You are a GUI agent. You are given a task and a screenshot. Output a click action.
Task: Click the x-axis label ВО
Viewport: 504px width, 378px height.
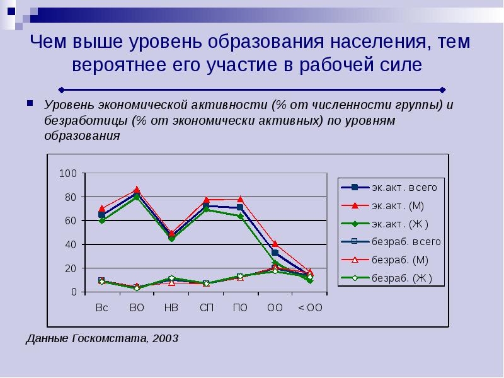(137, 308)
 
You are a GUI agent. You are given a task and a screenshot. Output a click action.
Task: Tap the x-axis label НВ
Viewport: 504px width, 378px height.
(171, 308)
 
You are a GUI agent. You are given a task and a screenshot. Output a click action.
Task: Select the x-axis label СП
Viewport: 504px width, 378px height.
(206, 308)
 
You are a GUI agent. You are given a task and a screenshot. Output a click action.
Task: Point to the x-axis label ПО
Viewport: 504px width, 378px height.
(240, 308)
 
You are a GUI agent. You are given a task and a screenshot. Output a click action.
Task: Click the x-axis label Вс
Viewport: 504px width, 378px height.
(102, 308)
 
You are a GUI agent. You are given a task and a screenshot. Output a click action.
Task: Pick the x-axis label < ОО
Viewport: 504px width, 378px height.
(309, 308)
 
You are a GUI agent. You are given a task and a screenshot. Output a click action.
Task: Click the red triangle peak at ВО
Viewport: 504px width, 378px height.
(137, 189)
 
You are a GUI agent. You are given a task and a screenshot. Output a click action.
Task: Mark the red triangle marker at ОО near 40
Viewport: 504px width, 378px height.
(275, 243)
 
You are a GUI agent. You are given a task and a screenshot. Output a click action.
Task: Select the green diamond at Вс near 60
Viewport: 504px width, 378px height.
(102, 220)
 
